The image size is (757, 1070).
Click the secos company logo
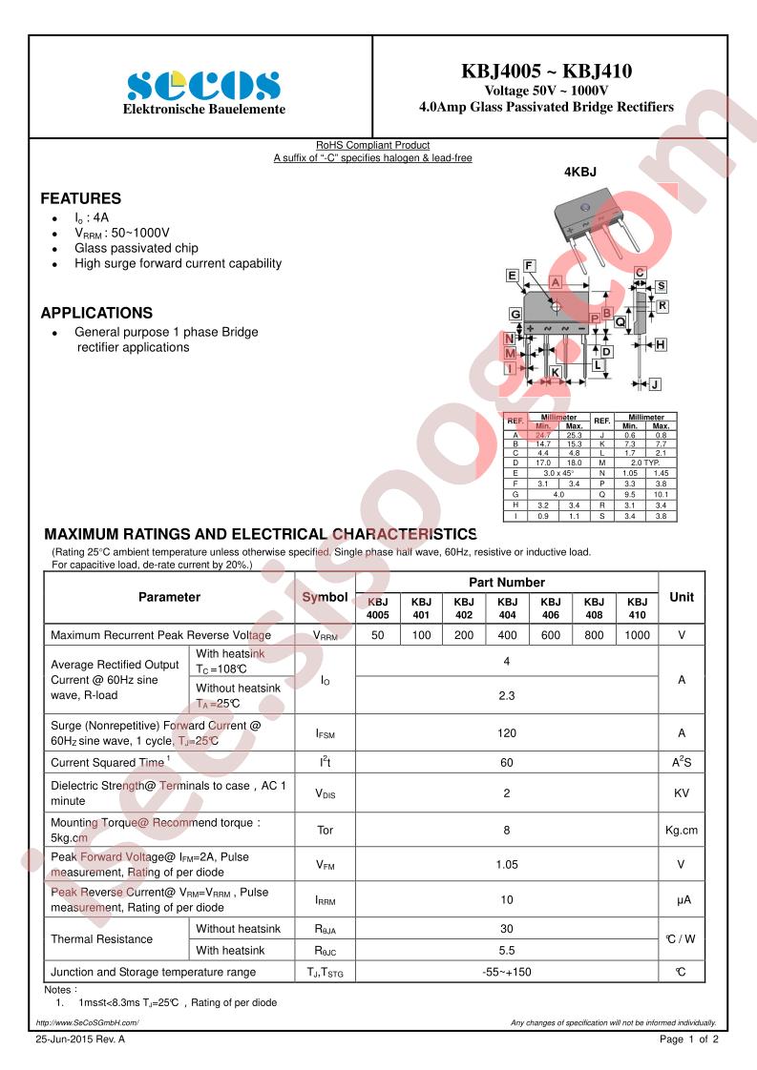click(x=203, y=85)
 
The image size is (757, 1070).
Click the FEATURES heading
click(x=80, y=198)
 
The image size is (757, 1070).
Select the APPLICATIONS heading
click(x=96, y=313)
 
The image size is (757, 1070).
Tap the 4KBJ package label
click(x=579, y=172)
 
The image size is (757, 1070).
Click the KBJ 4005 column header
click(x=377, y=608)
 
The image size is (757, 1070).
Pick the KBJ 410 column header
click(x=637, y=608)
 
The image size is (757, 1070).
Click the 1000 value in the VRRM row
click(x=637, y=635)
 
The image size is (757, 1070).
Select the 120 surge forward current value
click(x=506, y=733)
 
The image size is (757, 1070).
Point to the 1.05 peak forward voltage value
click(x=506, y=865)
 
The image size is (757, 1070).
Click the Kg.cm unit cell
click(x=681, y=830)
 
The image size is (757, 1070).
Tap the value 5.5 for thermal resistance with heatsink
click(x=506, y=951)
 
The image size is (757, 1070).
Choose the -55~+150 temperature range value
click(x=506, y=972)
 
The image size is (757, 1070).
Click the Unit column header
click(x=681, y=597)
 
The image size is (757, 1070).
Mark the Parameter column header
click(x=169, y=597)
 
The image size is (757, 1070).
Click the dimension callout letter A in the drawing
click(x=556, y=282)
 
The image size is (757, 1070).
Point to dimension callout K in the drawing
click(x=555, y=372)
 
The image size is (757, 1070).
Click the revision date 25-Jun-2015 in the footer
click(x=80, y=1039)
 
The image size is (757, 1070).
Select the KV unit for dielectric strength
click(x=681, y=792)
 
